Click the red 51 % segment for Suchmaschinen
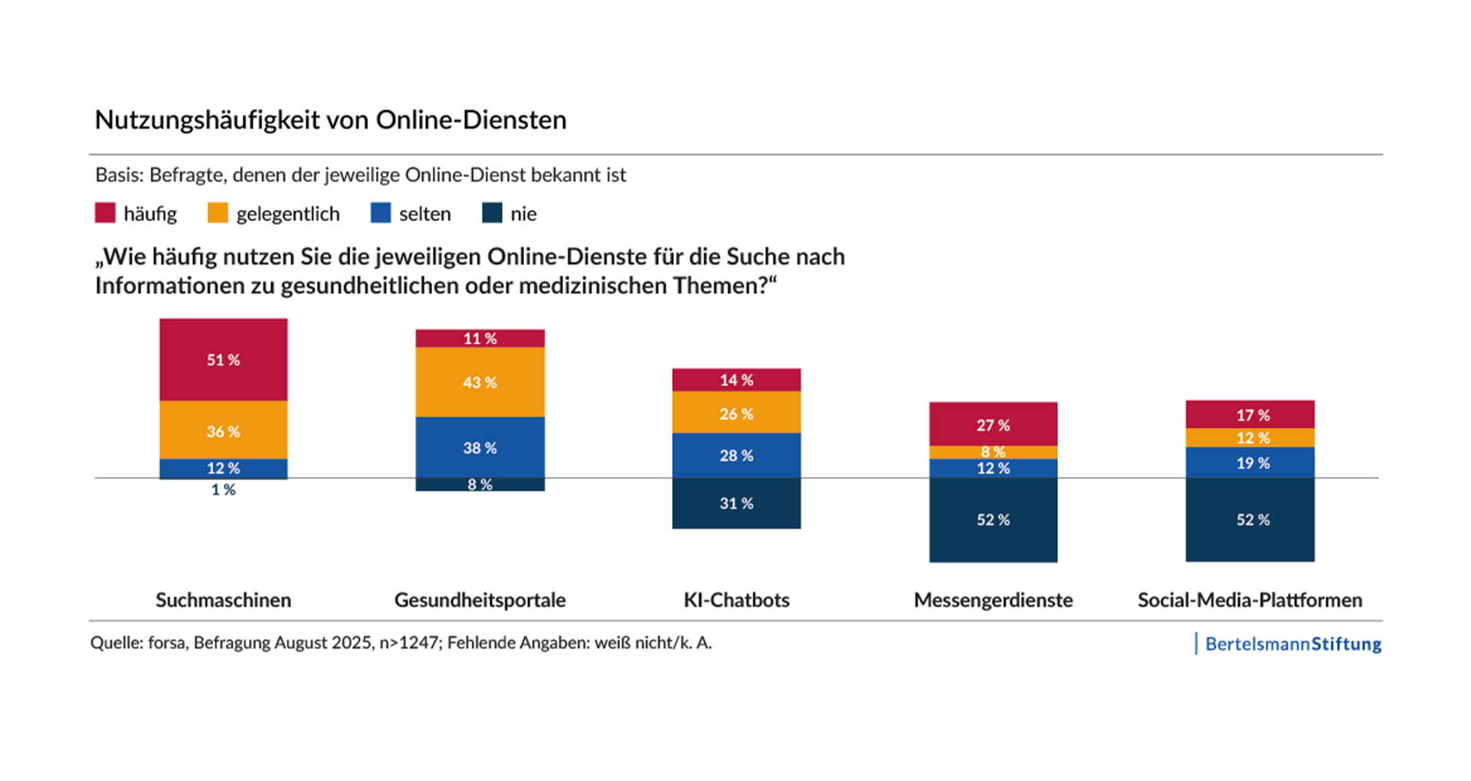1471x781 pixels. (x=223, y=359)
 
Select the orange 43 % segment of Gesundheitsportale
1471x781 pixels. (x=480, y=382)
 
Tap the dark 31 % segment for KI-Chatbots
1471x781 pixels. (x=736, y=503)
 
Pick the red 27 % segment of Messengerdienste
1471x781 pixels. (x=993, y=424)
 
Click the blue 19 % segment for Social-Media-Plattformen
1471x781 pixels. (x=1250, y=462)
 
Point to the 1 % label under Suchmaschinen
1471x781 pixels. (x=223, y=490)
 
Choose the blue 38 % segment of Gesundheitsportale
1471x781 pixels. (x=480, y=447)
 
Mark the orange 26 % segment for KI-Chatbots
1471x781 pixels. (x=736, y=413)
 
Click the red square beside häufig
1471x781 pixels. (x=105, y=213)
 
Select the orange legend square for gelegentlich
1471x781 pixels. (x=218, y=213)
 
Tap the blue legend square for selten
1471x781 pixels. (x=381, y=213)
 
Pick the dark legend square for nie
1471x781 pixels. (x=492, y=213)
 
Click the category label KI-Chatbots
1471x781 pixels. (x=736, y=600)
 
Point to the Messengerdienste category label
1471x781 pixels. (x=993, y=600)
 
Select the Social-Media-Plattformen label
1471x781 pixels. (x=1250, y=600)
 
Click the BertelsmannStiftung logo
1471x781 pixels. (x=1292, y=644)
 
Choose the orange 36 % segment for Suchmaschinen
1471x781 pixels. (x=223, y=431)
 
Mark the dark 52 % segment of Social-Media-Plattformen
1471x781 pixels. (x=1250, y=520)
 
